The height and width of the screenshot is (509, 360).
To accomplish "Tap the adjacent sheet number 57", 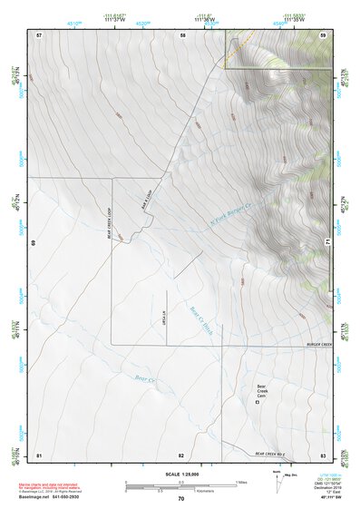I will pyautogui.click(x=39, y=34).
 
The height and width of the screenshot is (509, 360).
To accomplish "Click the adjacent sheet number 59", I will pyautogui.click(x=322, y=34).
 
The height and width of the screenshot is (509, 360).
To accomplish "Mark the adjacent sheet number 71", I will pyautogui.click(x=327, y=243).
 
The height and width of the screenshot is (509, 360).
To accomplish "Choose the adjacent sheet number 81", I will pyautogui.click(x=39, y=455).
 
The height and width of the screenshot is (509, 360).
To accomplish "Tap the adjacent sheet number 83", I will pyautogui.click(x=322, y=455).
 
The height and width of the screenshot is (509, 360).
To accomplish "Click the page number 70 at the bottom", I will pyautogui.click(x=181, y=499).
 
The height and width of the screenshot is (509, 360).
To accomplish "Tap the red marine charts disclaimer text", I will pyautogui.click(x=54, y=486).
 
